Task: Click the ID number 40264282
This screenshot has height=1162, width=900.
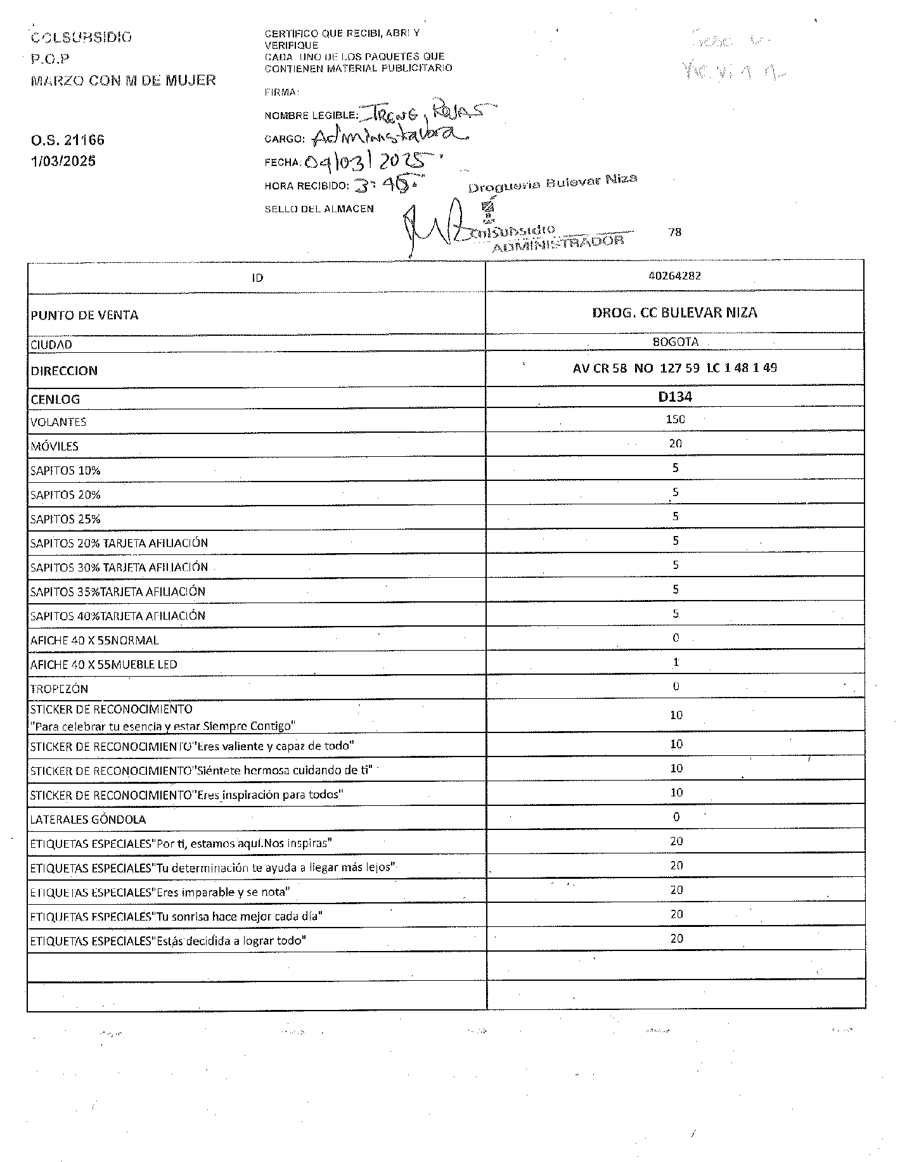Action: pos(674,276)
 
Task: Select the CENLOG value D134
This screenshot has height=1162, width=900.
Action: pos(674,397)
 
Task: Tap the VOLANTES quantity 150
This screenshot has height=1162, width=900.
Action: pos(675,419)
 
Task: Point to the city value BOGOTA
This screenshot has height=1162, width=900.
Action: pos(675,342)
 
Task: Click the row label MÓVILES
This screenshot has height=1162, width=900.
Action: pos(55,446)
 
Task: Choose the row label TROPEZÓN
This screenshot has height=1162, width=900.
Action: pos(59,689)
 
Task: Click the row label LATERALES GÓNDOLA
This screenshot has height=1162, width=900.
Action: pos(87,819)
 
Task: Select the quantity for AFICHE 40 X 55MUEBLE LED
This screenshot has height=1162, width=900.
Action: pos(676,662)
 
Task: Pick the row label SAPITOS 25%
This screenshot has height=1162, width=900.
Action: pos(65,519)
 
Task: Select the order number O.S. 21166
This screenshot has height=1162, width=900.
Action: pos(67,139)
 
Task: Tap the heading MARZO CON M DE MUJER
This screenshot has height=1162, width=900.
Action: pos(123,80)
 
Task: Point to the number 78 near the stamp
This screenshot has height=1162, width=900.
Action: pos(674,232)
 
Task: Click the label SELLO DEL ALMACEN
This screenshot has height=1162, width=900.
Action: pos(319,208)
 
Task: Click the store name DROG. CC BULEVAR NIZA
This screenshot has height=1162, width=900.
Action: pos(674,312)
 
